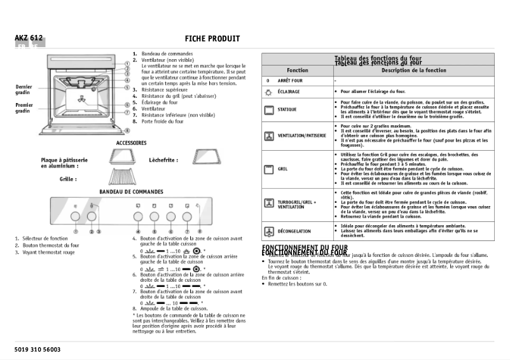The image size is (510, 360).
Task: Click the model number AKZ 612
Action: tap(29, 38)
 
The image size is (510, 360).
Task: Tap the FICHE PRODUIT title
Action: tap(212, 39)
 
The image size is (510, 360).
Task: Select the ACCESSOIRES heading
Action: tap(131, 143)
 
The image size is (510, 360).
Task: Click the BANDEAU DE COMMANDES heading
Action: tap(131, 191)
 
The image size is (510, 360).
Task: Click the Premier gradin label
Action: tap(24, 107)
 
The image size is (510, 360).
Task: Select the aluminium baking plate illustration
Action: tap(123, 156)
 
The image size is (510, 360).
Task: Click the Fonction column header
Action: tap(297, 71)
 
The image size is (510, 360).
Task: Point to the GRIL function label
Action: tap(283, 169)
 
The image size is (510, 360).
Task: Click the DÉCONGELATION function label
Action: tap(294, 232)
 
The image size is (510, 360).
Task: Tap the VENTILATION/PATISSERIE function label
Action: tap(302, 135)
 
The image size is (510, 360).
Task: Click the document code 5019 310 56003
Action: tap(38, 350)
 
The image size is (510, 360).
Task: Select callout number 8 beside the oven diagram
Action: tap(127, 130)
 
